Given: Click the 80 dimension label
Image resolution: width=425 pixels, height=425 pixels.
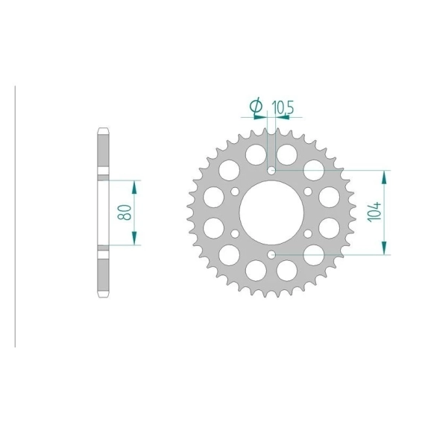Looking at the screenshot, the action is pyautogui.click(x=125, y=212).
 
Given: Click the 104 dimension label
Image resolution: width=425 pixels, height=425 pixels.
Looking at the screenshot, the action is pyautogui.click(x=374, y=212).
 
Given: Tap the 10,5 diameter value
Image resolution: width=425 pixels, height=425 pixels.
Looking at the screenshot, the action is pyautogui.click(x=283, y=107).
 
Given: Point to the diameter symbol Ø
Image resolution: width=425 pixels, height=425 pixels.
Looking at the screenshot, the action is pyautogui.click(x=256, y=106).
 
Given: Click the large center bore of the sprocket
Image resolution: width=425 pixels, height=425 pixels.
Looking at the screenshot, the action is pyautogui.click(x=271, y=212).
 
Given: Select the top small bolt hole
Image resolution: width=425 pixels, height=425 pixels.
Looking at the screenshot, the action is pyautogui.click(x=271, y=171).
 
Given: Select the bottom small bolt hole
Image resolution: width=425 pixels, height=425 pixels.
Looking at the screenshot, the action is pyautogui.click(x=271, y=254).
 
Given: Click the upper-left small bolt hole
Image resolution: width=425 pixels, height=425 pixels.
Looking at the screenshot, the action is pyautogui.click(x=235, y=192).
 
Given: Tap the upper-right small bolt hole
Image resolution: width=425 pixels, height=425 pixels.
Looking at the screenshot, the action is pyautogui.click(x=308, y=192).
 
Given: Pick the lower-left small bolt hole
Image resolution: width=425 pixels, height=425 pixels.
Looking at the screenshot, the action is pyautogui.click(x=235, y=233).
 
